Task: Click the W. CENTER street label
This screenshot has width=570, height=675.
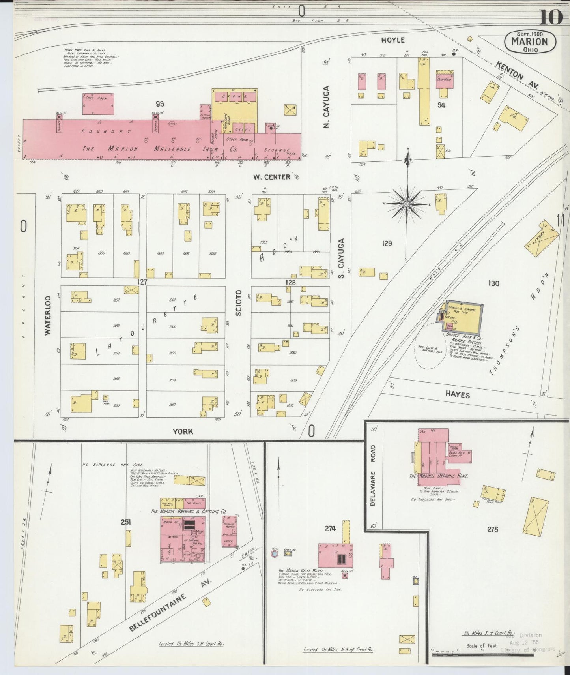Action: coord(272,177)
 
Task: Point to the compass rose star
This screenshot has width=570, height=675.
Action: coord(407,204)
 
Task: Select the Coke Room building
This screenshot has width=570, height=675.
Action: coord(98,104)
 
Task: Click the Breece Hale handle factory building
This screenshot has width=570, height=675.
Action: coord(464,317)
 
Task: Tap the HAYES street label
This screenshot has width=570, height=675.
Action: coord(457,394)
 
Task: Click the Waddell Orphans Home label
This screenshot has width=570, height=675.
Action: coord(439,476)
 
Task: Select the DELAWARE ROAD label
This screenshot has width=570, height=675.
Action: coord(373,476)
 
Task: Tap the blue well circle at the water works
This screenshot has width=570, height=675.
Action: coord(274,554)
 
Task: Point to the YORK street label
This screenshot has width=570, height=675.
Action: coord(183,431)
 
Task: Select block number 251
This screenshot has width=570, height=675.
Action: coord(126,522)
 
